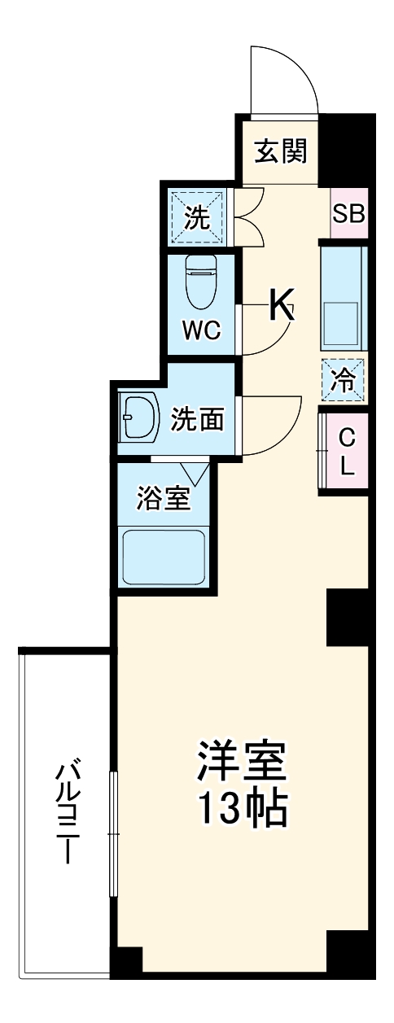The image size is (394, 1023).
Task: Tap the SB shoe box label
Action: pos(348,214)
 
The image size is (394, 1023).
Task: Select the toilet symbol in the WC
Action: pos(200,280)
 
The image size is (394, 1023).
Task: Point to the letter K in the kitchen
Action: pos(281,307)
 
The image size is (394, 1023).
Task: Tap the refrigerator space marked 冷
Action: pos(343,379)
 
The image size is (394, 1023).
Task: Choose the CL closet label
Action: pos(346,452)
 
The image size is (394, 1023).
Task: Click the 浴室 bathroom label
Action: pos(164,499)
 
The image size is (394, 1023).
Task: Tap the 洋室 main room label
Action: pos(241,762)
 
